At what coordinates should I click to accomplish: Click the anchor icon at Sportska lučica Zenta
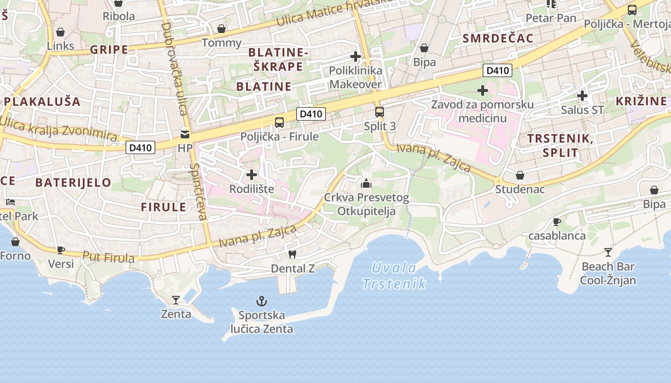[261, 301]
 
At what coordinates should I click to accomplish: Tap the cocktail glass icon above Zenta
[176, 300]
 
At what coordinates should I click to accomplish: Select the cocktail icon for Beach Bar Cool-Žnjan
[608, 252]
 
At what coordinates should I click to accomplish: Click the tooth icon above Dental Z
[292, 255]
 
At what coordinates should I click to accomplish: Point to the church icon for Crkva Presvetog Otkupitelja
[366, 183]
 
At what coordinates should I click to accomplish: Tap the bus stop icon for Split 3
[380, 112]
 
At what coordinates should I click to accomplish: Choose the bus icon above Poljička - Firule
[279, 123]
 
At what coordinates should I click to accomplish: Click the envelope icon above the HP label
[185, 135]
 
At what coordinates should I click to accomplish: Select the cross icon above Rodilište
[252, 175]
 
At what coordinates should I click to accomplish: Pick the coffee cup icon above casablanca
[556, 222]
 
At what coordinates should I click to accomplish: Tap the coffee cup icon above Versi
[61, 250]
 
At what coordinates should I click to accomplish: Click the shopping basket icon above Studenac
[520, 175]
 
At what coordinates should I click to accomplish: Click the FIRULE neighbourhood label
[163, 207]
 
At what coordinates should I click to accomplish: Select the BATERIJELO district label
[73, 182]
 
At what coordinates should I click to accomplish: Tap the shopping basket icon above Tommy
[221, 29]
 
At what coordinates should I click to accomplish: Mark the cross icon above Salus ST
[582, 96]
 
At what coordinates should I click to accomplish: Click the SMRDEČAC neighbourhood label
[498, 39]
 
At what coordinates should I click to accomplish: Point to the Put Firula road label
[108, 257]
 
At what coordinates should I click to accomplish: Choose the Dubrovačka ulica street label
[174, 69]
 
